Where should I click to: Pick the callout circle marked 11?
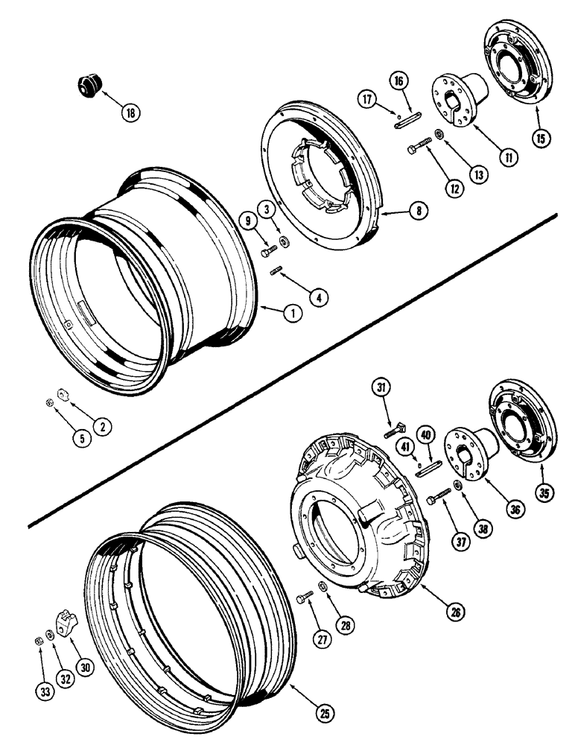point(509,157)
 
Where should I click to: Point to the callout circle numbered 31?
point(382,388)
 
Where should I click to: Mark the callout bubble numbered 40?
point(426,434)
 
